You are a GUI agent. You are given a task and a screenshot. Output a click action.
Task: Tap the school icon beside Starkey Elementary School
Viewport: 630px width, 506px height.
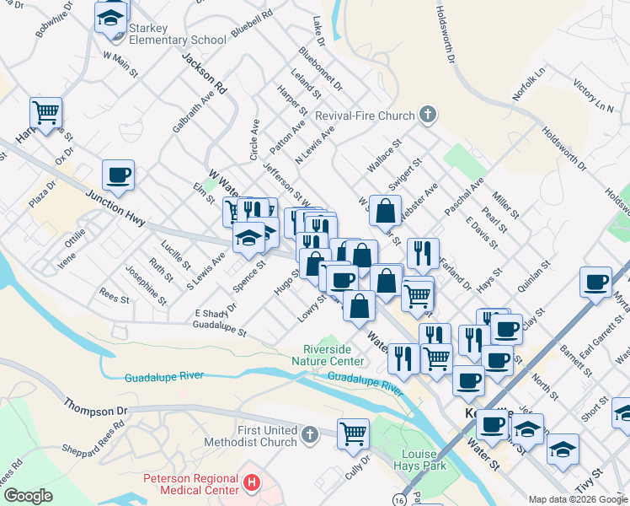[x=111, y=17]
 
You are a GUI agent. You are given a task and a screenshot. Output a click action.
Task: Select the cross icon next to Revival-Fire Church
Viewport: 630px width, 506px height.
[x=428, y=115]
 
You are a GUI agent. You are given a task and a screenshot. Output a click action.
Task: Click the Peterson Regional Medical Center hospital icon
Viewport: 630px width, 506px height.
[x=250, y=484]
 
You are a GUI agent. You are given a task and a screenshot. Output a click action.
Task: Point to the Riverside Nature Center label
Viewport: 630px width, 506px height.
[x=334, y=356]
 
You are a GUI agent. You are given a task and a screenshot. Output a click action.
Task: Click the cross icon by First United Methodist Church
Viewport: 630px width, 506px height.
[x=309, y=435]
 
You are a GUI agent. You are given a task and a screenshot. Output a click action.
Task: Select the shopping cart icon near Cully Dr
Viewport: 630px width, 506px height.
[x=354, y=433]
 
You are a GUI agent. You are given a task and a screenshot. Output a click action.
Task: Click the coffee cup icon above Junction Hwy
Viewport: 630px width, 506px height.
[x=118, y=175]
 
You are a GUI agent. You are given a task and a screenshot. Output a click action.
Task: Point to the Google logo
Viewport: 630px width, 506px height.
[x=28, y=496]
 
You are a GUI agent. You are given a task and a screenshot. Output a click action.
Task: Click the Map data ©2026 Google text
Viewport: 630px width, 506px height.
[x=577, y=499]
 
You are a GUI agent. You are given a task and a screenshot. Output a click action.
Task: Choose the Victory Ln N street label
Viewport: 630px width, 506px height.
[x=593, y=95]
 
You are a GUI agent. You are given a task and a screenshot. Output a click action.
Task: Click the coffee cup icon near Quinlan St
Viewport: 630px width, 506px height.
[x=596, y=282]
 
